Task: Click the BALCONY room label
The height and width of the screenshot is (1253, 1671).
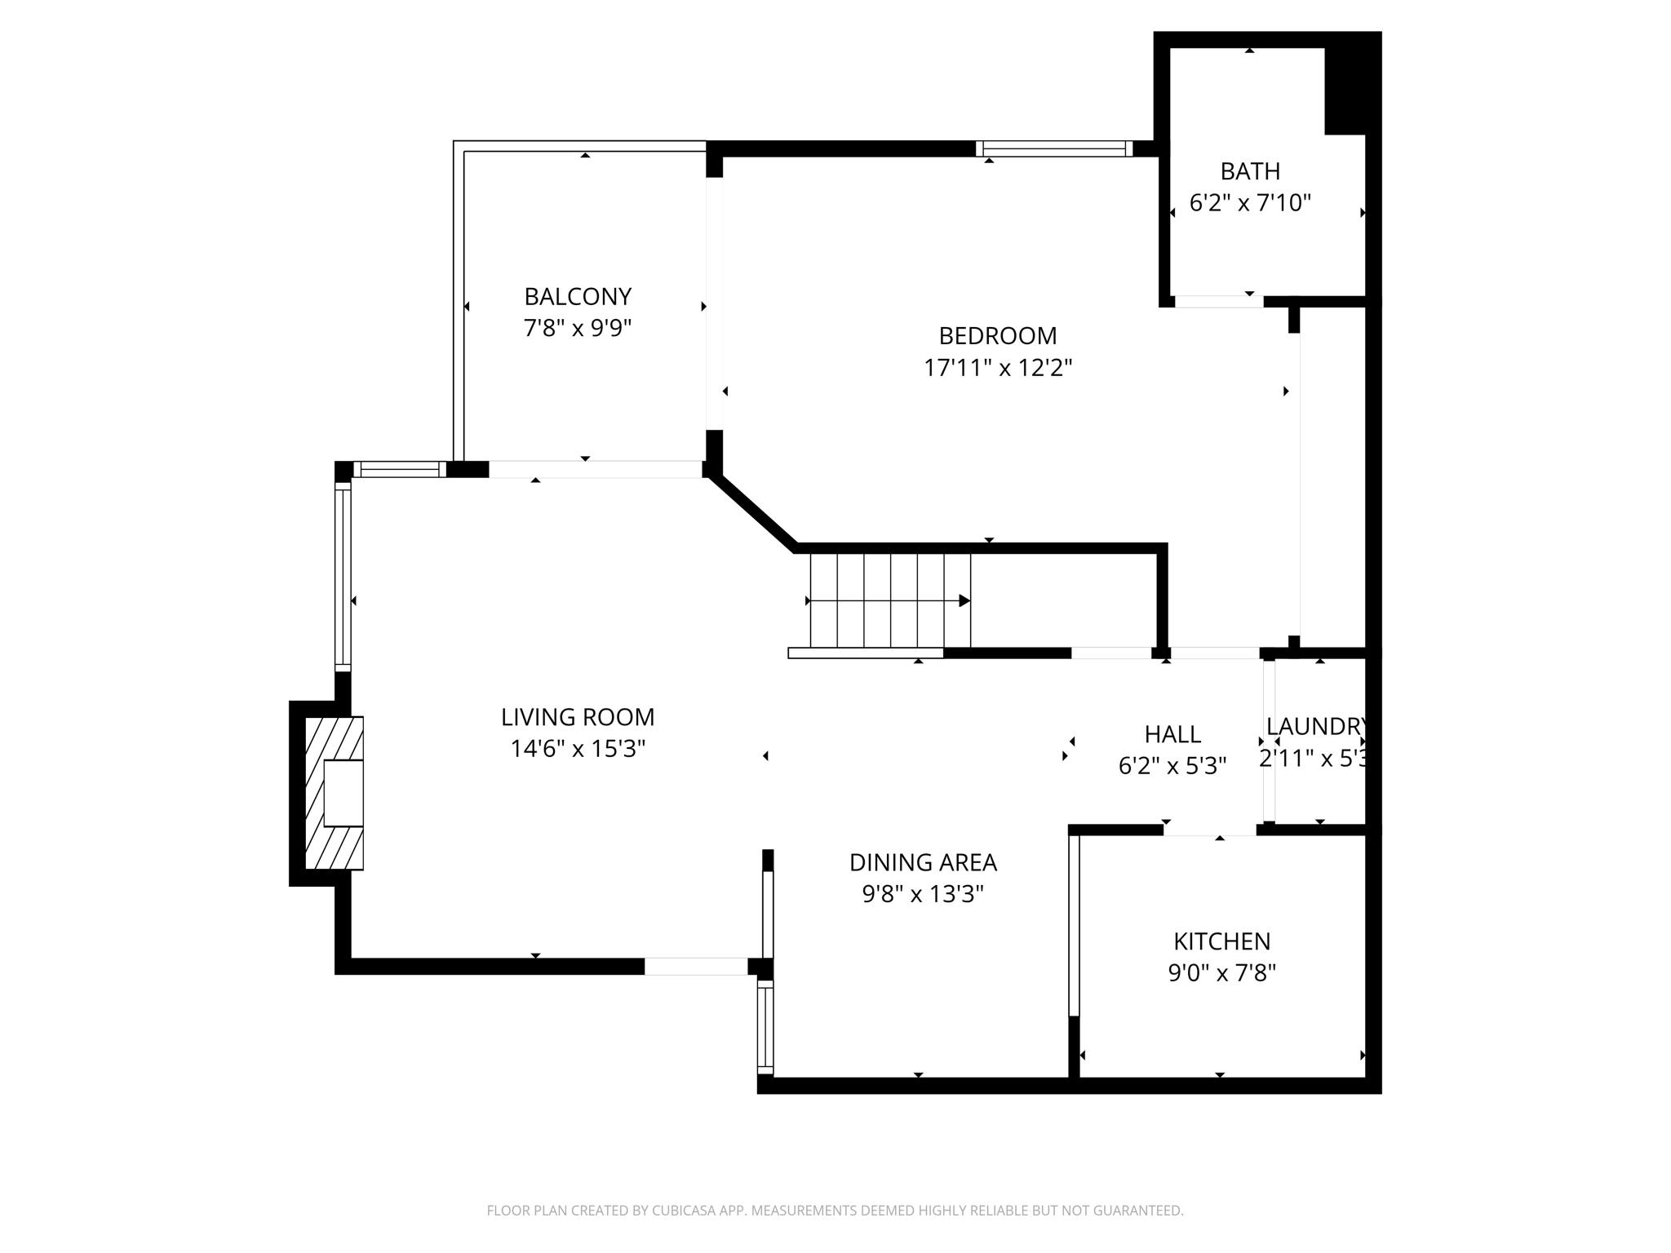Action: [578, 296]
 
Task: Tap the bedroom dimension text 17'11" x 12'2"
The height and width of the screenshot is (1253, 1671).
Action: [997, 368]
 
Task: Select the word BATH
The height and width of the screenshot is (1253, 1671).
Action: [1249, 171]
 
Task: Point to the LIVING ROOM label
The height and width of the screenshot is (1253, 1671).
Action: [578, 717]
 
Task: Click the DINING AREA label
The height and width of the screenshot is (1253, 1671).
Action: [922, 862]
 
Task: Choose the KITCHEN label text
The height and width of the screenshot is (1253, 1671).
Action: [1221, 941]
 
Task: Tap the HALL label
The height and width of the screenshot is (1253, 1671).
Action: [1172, 734]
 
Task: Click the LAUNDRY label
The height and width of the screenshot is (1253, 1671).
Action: [1315, 726]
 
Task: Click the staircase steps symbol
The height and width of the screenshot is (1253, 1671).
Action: [889, 600]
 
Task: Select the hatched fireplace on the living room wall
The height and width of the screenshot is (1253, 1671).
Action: [334, 792]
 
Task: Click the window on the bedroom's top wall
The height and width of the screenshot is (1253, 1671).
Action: [1054, 148]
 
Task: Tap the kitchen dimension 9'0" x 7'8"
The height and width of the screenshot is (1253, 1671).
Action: [1221, 973]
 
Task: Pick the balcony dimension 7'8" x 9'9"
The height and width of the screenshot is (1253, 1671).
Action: [578, 328]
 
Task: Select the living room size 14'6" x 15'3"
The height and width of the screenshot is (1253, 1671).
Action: [578, 749]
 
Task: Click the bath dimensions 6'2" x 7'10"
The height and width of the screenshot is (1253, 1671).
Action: [1249, 203]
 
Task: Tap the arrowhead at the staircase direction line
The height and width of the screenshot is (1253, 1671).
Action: [964, 600]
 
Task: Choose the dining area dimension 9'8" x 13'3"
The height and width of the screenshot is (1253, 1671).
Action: [922, 895]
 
